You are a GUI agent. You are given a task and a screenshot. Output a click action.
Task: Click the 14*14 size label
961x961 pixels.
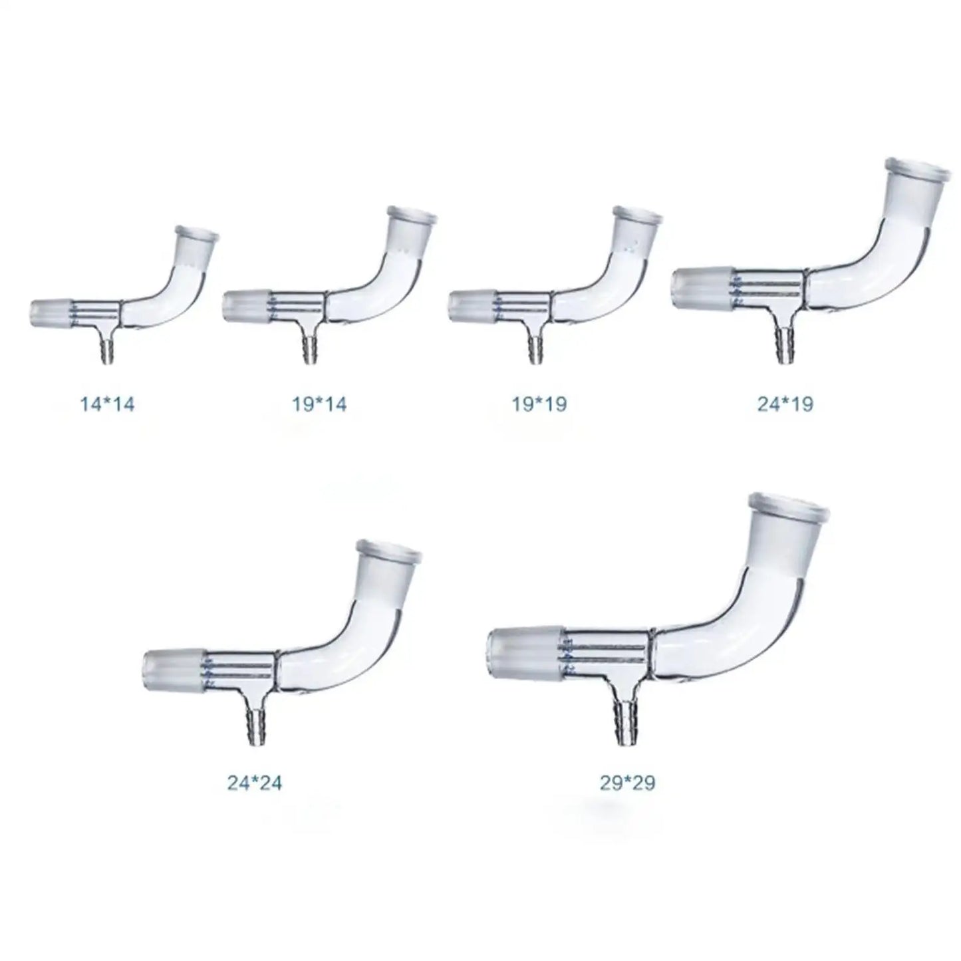tap(107, 404)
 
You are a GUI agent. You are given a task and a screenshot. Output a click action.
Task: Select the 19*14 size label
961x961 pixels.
tap(319, 404)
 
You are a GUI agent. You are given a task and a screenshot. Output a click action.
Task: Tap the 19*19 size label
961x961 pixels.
tap(539, 404)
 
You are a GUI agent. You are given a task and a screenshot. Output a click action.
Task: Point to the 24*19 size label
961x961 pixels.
tap(785, 404)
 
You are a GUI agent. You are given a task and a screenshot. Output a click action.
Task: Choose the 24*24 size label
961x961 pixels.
tap(255, 783)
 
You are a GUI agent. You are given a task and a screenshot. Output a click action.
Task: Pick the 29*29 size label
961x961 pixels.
tap(627, 783)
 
